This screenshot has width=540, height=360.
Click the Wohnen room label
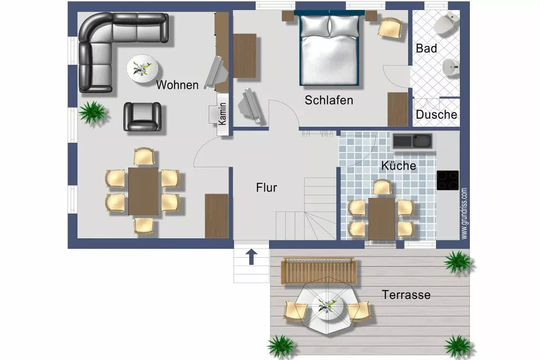(x=177, y=85)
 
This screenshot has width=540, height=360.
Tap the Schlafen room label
(x=329, y=100)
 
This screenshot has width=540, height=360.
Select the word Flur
(x=266, y=188)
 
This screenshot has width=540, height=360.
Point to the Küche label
(x=399, y=166)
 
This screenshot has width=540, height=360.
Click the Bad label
(x=426, y=48)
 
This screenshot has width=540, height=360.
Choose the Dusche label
(x=436, y=114)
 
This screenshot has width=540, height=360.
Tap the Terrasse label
(x=406, y=295)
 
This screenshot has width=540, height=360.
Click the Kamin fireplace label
(x=223, y=114)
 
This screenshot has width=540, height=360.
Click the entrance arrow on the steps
(x=252, y=257)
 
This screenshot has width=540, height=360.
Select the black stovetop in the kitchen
(x=448, y=180)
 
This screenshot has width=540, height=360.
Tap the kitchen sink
(x=412, y=141)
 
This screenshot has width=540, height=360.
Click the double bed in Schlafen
(x=330, y=48)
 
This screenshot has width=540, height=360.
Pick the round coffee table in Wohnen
(x=142, y=69)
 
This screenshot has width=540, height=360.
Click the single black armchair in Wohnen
(x=142, y=116)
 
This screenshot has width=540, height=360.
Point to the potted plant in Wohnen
(x=92, y=112)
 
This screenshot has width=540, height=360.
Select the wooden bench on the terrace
(x=319, y=271)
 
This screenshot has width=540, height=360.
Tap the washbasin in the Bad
(x=450, y=67)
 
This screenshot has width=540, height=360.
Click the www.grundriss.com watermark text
(x=464, y=213)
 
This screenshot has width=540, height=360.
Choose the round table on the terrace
(x=328, y=306)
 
